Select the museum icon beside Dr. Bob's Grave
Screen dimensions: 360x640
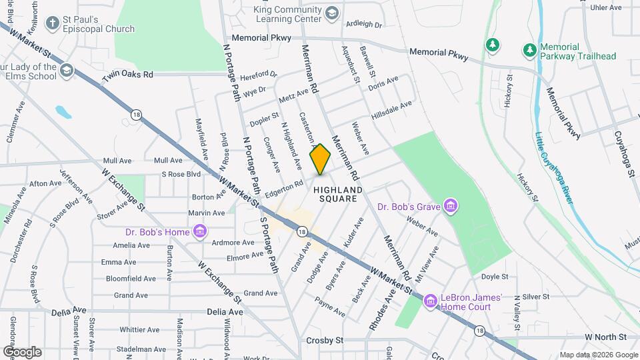[x=451, y=206]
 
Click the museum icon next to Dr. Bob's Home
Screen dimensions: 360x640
[x=199, y=232]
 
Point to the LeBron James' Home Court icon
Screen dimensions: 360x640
[x=430, y=302]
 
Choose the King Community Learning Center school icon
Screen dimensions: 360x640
[x=331, y=13]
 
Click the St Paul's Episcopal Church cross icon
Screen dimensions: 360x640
[x=52, y=23]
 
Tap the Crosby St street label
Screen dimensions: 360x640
[x=325, y=340]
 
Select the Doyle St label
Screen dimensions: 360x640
[x=495, y=276]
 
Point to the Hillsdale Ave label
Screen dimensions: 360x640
[x=392, y=109]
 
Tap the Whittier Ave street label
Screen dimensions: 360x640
[x=139, y=329]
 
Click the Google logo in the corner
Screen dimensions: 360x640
[x=22, y=351]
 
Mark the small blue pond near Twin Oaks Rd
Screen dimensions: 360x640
[x=63, y=111]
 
